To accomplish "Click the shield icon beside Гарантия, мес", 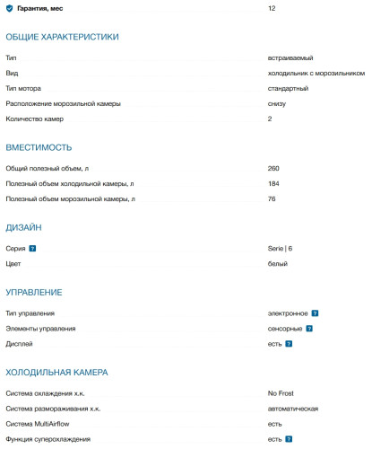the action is pos(9,8).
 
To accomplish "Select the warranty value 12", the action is pos(272,8).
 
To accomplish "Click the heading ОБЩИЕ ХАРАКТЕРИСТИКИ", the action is pos(62,37).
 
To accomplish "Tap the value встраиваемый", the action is pos(290,57).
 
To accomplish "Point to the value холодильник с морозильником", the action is pos(316,73).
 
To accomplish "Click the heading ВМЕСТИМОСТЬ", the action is pos(39,147).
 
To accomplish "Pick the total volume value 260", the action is pos(273,168).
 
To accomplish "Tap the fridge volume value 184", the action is pos(273,183).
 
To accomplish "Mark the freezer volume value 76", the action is pos(272,198).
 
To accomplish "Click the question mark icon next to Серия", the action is pos(32,248).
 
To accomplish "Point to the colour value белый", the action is pos(278,264).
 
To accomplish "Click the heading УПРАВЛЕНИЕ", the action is pos(34,293).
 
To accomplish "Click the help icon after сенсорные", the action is pos(309,329).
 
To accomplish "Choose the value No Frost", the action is pos(283,393).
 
